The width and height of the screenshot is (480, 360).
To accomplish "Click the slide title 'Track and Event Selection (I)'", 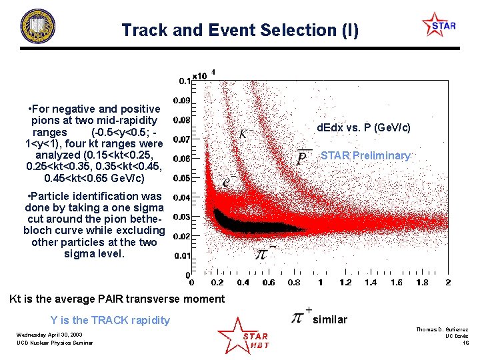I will [239, 30].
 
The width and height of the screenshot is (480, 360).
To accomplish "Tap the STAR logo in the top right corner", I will [439, 26].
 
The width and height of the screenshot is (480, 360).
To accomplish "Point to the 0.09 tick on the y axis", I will [181, 100].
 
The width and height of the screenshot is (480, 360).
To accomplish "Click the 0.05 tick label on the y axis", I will [181, 178].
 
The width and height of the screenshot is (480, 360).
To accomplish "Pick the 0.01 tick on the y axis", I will [181, 256].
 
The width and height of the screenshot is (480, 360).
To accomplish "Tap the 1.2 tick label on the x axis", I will [345, 283].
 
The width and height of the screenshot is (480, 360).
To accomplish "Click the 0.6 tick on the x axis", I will [268, 283].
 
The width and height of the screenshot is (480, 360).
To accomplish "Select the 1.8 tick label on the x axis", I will [421, 283].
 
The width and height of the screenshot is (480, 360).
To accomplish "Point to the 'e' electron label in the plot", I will [227, 181].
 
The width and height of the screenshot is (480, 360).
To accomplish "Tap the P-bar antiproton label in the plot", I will [303, 157].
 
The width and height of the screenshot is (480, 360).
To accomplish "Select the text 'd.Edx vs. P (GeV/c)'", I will [363, 127].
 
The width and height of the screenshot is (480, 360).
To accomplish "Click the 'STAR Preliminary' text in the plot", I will [365, 155].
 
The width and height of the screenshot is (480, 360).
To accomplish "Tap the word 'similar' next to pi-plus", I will [330, 319].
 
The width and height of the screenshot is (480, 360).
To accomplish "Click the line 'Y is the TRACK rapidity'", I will [110, 320].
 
